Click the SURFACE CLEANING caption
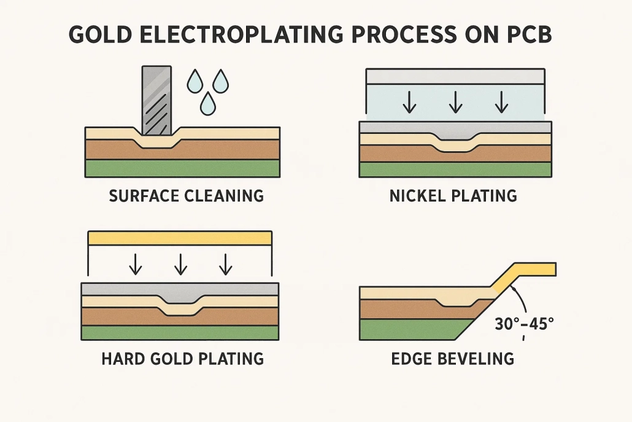[x=186, y=197]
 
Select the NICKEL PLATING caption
[x=453, y=197]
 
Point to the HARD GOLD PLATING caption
[x=182, y=358]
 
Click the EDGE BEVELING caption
[x=453, y=358]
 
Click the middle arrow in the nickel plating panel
[x=455, y=101]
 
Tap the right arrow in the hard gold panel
[x=226, y=264]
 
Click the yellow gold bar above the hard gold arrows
[x=180, y=238]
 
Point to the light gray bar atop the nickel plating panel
[x=454, y=76]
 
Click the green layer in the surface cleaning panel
[x=182, y=168]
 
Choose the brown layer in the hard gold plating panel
[x=123, y=316]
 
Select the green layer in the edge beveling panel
[x=411, y=330]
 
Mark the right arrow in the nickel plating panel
[x=501, y=101]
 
